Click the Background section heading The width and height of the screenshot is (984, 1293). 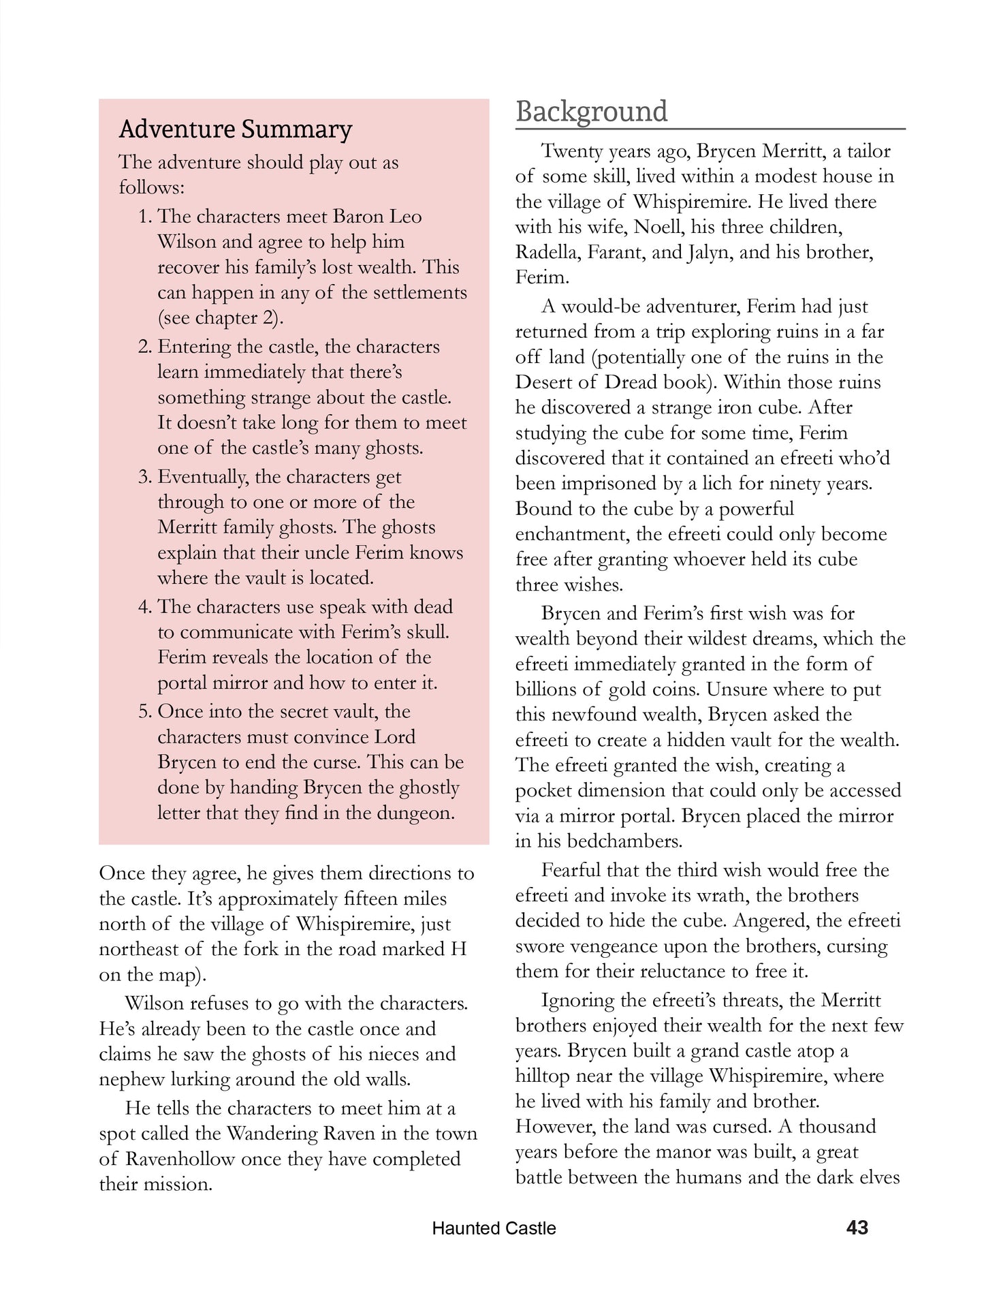tap(591, 112)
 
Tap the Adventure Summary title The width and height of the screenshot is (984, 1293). tap(236, 129)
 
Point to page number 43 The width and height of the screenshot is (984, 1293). tap(857, 1228)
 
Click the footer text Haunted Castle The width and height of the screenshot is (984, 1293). tap(494, 1228)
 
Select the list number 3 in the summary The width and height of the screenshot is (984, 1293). tap(144, 477)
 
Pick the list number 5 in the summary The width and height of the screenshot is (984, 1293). tap(144, 712)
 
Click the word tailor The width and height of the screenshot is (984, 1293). tap(861, 151)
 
